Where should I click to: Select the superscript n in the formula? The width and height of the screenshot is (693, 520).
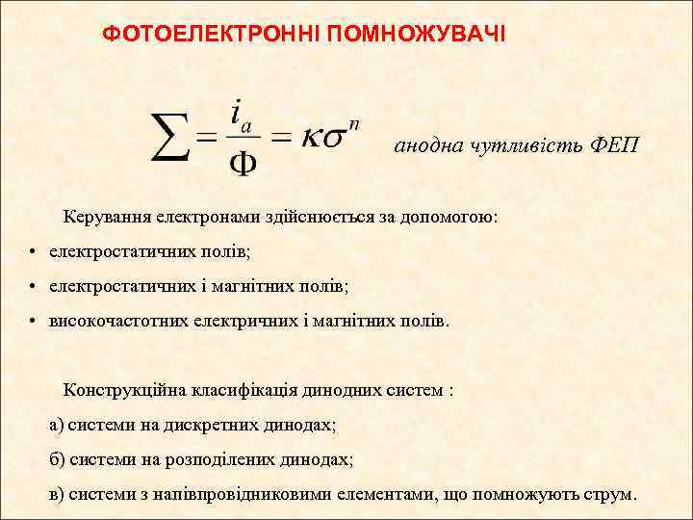[354, 123]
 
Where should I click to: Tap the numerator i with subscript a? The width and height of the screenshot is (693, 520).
[242, 115]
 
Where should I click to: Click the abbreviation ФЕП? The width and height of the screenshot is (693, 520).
[613, 145]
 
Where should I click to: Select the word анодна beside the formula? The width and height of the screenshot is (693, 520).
[429, 145]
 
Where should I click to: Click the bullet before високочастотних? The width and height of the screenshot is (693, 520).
[33, 321]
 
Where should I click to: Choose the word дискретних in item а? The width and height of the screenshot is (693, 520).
[214, 425]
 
